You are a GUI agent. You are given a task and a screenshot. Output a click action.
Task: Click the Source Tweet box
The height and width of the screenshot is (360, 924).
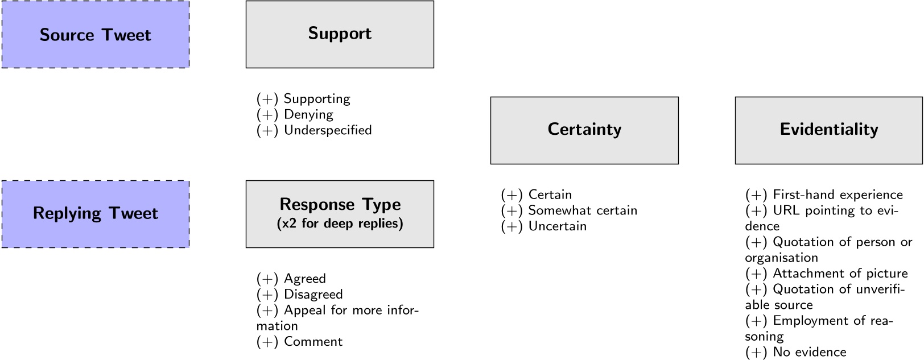[x=95, y=35]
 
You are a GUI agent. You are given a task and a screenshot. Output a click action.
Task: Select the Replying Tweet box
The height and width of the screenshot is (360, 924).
[x=95, y=214]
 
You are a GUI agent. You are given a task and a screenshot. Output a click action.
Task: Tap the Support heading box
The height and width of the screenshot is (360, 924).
[x=340, y=34]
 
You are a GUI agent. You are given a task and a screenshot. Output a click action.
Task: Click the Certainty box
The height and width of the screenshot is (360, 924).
[x=584, y=130]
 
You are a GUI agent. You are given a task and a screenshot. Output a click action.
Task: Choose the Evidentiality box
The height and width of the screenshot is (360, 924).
[x=828, y=130]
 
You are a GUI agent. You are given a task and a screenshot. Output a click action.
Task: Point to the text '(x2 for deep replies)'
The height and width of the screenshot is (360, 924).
[x=340, y=224]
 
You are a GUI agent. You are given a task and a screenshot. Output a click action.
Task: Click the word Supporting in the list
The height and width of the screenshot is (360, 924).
[x=317, y=99]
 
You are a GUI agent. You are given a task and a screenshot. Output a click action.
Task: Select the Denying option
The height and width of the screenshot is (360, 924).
[x=308, y=114]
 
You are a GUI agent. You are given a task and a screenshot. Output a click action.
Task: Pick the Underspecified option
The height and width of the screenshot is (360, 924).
[x=328, y=130]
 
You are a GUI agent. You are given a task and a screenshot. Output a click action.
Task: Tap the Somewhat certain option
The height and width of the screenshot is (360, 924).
[x=583, y=210]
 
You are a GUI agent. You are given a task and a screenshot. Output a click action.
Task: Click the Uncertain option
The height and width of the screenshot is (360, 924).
[x=557, y=226]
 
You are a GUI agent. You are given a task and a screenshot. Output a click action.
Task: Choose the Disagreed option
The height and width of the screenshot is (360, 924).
[x=313, y=295]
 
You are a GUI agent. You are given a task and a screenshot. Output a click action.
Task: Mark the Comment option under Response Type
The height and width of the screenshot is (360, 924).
[x=313, y=342]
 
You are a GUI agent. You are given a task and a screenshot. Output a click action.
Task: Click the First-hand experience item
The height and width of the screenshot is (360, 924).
[x=838, y=195]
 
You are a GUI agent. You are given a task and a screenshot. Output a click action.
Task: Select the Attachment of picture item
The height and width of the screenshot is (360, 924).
[x=840, y=274]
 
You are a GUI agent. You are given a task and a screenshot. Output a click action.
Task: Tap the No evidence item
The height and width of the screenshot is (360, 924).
[x=809, y=352]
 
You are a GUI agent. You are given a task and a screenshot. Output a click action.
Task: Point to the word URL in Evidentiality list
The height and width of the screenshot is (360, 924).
[x=786, y=210]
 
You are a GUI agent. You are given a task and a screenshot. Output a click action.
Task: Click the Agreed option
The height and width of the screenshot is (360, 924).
[x=304, y=279]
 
